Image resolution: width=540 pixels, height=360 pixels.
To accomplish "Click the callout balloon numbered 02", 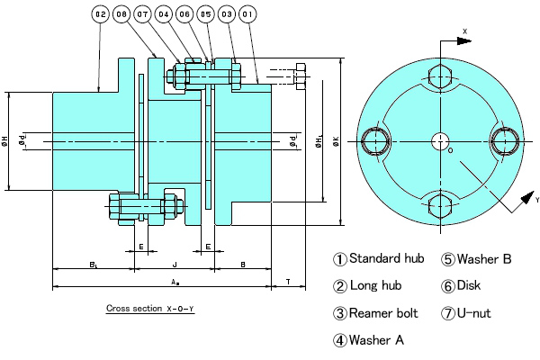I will [99, 15].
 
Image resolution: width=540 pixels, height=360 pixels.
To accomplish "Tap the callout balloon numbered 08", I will [121, 15].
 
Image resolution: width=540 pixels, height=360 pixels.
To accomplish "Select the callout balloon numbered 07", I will [143, 15].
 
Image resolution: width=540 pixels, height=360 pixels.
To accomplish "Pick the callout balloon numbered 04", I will [164, 15].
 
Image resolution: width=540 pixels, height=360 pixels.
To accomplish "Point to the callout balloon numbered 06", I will [184, 15].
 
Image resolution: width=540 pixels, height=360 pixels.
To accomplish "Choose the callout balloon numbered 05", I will [205, 15].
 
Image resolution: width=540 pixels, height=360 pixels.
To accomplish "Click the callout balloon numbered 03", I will [226, 15].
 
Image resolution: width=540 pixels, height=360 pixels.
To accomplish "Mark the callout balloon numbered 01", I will [247, 15].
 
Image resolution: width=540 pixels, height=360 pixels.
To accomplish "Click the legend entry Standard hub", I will [378, 259].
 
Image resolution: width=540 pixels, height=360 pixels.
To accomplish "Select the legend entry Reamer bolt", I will [378, 313].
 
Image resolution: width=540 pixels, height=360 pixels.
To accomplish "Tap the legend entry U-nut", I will [476, 313].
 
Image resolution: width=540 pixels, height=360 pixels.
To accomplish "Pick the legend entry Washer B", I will [476, 259].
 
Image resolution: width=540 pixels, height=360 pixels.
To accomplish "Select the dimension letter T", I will [287, 282].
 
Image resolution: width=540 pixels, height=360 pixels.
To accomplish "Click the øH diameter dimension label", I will [5, 140].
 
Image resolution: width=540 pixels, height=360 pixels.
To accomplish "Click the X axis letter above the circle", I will [465, 31].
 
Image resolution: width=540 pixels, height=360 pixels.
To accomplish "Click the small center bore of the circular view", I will [440, 140].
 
